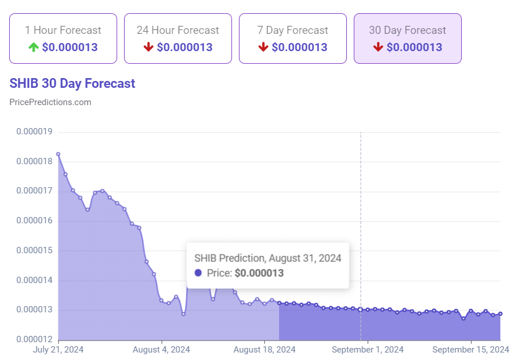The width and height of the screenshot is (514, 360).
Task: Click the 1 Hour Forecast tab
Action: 63,38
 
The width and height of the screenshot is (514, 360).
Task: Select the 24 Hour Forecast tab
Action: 178,38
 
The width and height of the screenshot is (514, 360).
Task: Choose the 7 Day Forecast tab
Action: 293,38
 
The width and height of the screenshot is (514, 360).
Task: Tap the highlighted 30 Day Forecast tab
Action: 408,38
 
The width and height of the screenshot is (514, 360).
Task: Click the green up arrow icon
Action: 34,47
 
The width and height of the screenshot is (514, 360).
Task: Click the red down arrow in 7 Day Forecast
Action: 264,47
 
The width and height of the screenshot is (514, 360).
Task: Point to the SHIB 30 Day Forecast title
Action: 72,83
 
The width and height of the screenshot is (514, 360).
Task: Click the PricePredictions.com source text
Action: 51,102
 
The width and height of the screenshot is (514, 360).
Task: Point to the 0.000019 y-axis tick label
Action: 34,131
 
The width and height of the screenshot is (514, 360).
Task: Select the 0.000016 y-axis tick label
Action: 34,221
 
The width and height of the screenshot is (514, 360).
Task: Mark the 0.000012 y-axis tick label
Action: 34,340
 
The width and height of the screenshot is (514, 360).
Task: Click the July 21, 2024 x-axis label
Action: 59,349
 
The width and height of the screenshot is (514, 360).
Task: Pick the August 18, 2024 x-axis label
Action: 265,349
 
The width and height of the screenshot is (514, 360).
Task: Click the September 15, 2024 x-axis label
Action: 470,349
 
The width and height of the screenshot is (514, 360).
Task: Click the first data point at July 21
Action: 58,154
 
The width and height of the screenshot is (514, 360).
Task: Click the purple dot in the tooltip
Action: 198,273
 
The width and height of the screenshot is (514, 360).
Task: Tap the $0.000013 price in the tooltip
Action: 259,273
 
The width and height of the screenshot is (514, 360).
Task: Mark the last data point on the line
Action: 500,313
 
